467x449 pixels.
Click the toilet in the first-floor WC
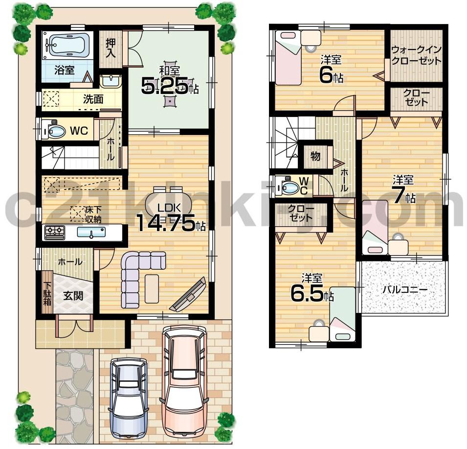tap(53, 131)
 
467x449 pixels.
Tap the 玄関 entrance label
tap(72, 296)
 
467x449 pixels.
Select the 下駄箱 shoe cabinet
tap(47, 294)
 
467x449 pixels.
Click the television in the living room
tap(188, 294)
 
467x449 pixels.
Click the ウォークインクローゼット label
tap(416, 55)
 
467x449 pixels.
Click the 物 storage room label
tap(315, 157)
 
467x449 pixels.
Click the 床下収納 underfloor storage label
tap(92, 214)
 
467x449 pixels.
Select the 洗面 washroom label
tap(92, 98)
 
